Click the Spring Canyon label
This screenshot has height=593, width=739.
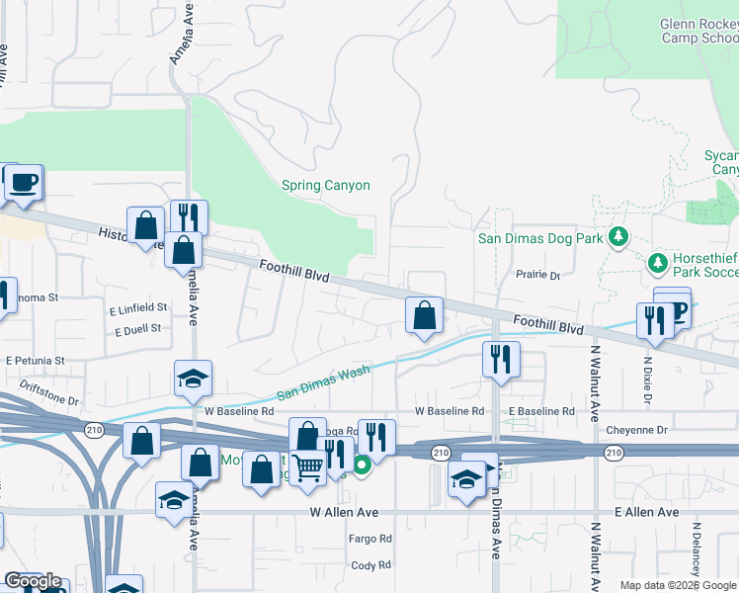[325, 185]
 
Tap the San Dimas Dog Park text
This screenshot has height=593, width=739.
[540, 237]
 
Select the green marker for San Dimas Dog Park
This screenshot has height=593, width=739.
[618, 236]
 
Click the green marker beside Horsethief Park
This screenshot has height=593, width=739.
[658, 263]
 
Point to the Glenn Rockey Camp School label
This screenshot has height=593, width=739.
[698, 32]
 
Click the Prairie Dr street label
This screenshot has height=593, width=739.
[538, 275]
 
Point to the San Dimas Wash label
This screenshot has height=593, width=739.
[323, 382]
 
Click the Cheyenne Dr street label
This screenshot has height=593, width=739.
[636, 430]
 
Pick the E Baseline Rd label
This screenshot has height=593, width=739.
[541, 410]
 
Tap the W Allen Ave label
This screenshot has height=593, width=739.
[344, 512]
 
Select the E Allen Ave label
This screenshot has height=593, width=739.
[646, 512]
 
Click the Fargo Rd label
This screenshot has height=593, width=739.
[370, 539]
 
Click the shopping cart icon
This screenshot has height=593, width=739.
[309, 466]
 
